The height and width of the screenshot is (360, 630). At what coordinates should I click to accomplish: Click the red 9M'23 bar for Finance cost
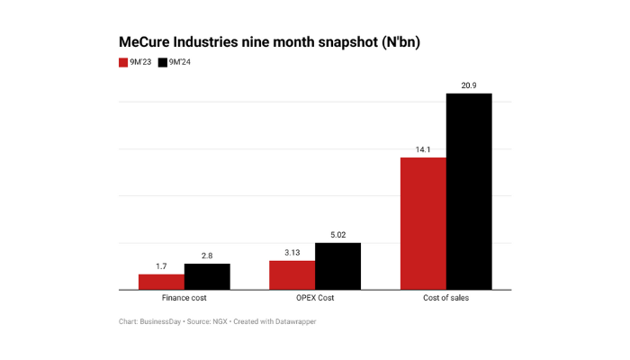(x=161, y=282)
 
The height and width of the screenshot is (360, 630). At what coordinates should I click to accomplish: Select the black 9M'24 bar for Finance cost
(x=207, y=276)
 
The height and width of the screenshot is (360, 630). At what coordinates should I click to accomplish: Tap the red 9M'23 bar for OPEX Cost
(x=292, y=274)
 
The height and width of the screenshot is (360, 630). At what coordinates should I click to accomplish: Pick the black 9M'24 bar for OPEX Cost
(x=337, y=266)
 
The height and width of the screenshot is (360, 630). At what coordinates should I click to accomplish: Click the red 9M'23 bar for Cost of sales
(x=423, y=223)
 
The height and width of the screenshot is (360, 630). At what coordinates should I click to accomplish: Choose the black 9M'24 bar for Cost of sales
(x=469, y=192)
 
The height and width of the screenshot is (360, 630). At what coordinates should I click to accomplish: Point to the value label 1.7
(x=161, y=266)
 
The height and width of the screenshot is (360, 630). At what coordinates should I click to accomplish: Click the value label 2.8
(x=207, y=256)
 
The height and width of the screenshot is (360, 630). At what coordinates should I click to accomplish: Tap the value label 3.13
(x=292, y=253)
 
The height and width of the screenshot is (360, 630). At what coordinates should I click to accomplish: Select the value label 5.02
(x=337, y=235)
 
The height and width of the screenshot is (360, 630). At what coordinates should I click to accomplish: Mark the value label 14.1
(x=423, y=149)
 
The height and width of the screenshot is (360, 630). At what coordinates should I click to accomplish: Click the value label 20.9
(x=469, y=85)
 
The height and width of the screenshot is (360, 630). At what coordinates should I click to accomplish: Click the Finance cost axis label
(x=184, y=299)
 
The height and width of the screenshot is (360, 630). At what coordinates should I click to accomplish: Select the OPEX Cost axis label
(x=315, y=299)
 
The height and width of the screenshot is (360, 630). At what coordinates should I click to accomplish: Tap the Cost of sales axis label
(x=445, y=299)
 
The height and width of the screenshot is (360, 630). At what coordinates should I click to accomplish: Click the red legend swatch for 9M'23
(x=123, y=62)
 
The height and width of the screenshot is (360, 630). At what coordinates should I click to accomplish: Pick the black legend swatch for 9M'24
(x=163, y=62)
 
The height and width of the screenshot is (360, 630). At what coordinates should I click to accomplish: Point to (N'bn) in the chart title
(x=391, y=42)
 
